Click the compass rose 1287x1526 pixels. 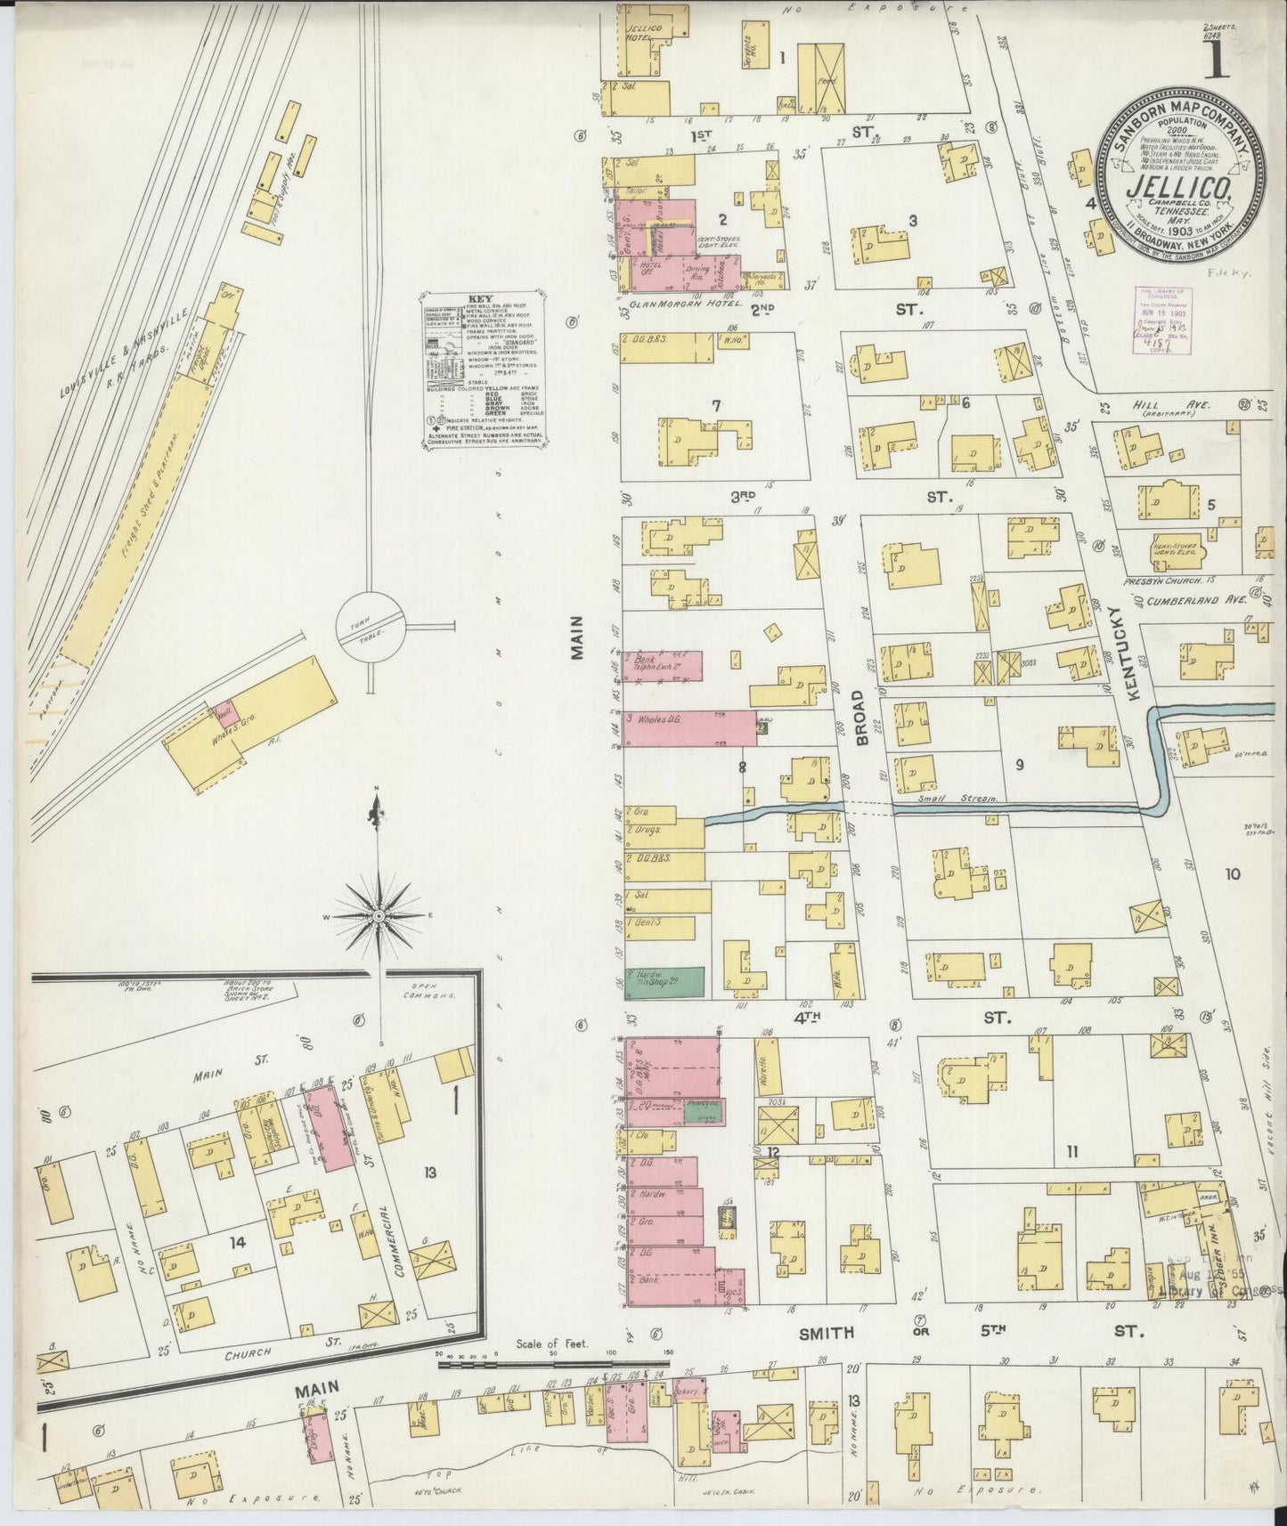click(x=378, y=915)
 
